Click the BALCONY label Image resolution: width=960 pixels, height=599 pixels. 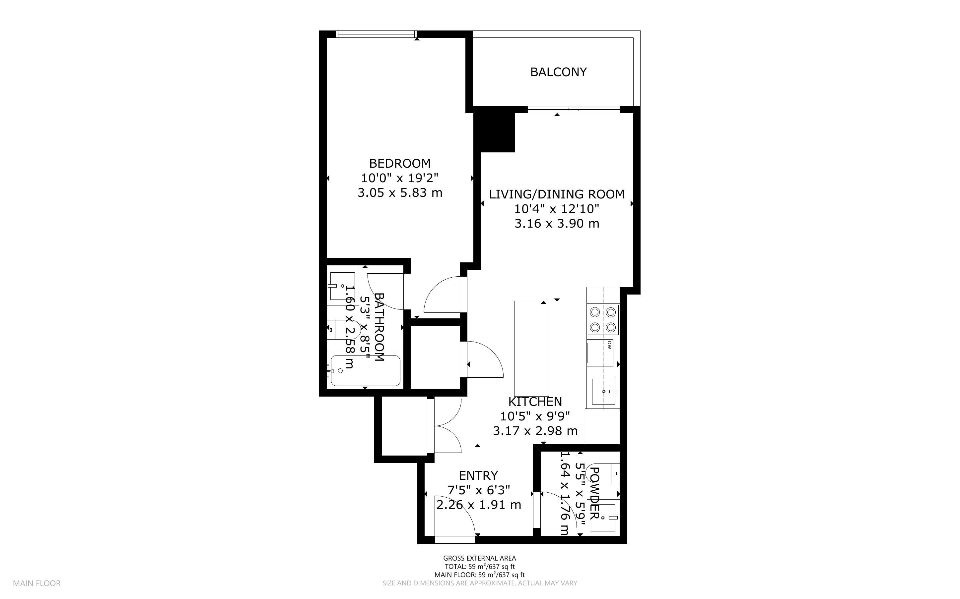(x=558, y=72)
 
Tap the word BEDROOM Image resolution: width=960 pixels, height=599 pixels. (x=400, y=163)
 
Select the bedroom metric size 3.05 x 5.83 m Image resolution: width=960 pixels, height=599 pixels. (x=400, y=193)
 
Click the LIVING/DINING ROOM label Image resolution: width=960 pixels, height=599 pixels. (x=557, y=194)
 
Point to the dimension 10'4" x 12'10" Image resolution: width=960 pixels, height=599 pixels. (x=557, y=209)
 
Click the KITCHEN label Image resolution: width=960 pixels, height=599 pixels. (x=535, y=402)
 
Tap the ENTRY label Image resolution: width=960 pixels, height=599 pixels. (x=478, y=475)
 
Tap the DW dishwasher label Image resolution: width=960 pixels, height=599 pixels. (x=609, y=346)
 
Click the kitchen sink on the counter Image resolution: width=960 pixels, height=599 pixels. (x=603, y=391)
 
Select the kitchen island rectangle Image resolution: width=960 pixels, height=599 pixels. (x=532, y=348)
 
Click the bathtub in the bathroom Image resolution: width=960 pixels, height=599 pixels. (x=365, y=370)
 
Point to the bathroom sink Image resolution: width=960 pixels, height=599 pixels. (x=342, y=286)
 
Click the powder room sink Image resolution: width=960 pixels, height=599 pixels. (x=603, y=517)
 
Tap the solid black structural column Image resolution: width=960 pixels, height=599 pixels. (x=495, y=130)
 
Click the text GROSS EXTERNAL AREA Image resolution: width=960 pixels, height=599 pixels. (x=479, y=559)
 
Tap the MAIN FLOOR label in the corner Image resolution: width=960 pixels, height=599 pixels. (x=37, y=583)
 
